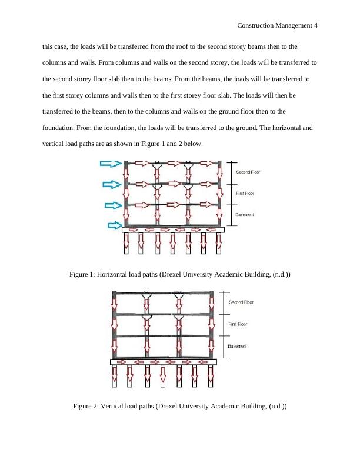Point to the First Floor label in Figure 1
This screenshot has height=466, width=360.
(x=246, y=193)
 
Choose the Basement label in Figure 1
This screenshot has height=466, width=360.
(x=245, y=214)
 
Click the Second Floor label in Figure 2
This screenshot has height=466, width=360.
(x=241, y=302)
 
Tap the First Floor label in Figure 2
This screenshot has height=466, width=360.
(x=238, y=324)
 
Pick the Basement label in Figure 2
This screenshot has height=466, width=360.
(x=237, y=345)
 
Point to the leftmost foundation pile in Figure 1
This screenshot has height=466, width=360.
(x=126, y=245)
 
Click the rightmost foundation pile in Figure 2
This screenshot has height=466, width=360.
(x=210, y=376)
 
